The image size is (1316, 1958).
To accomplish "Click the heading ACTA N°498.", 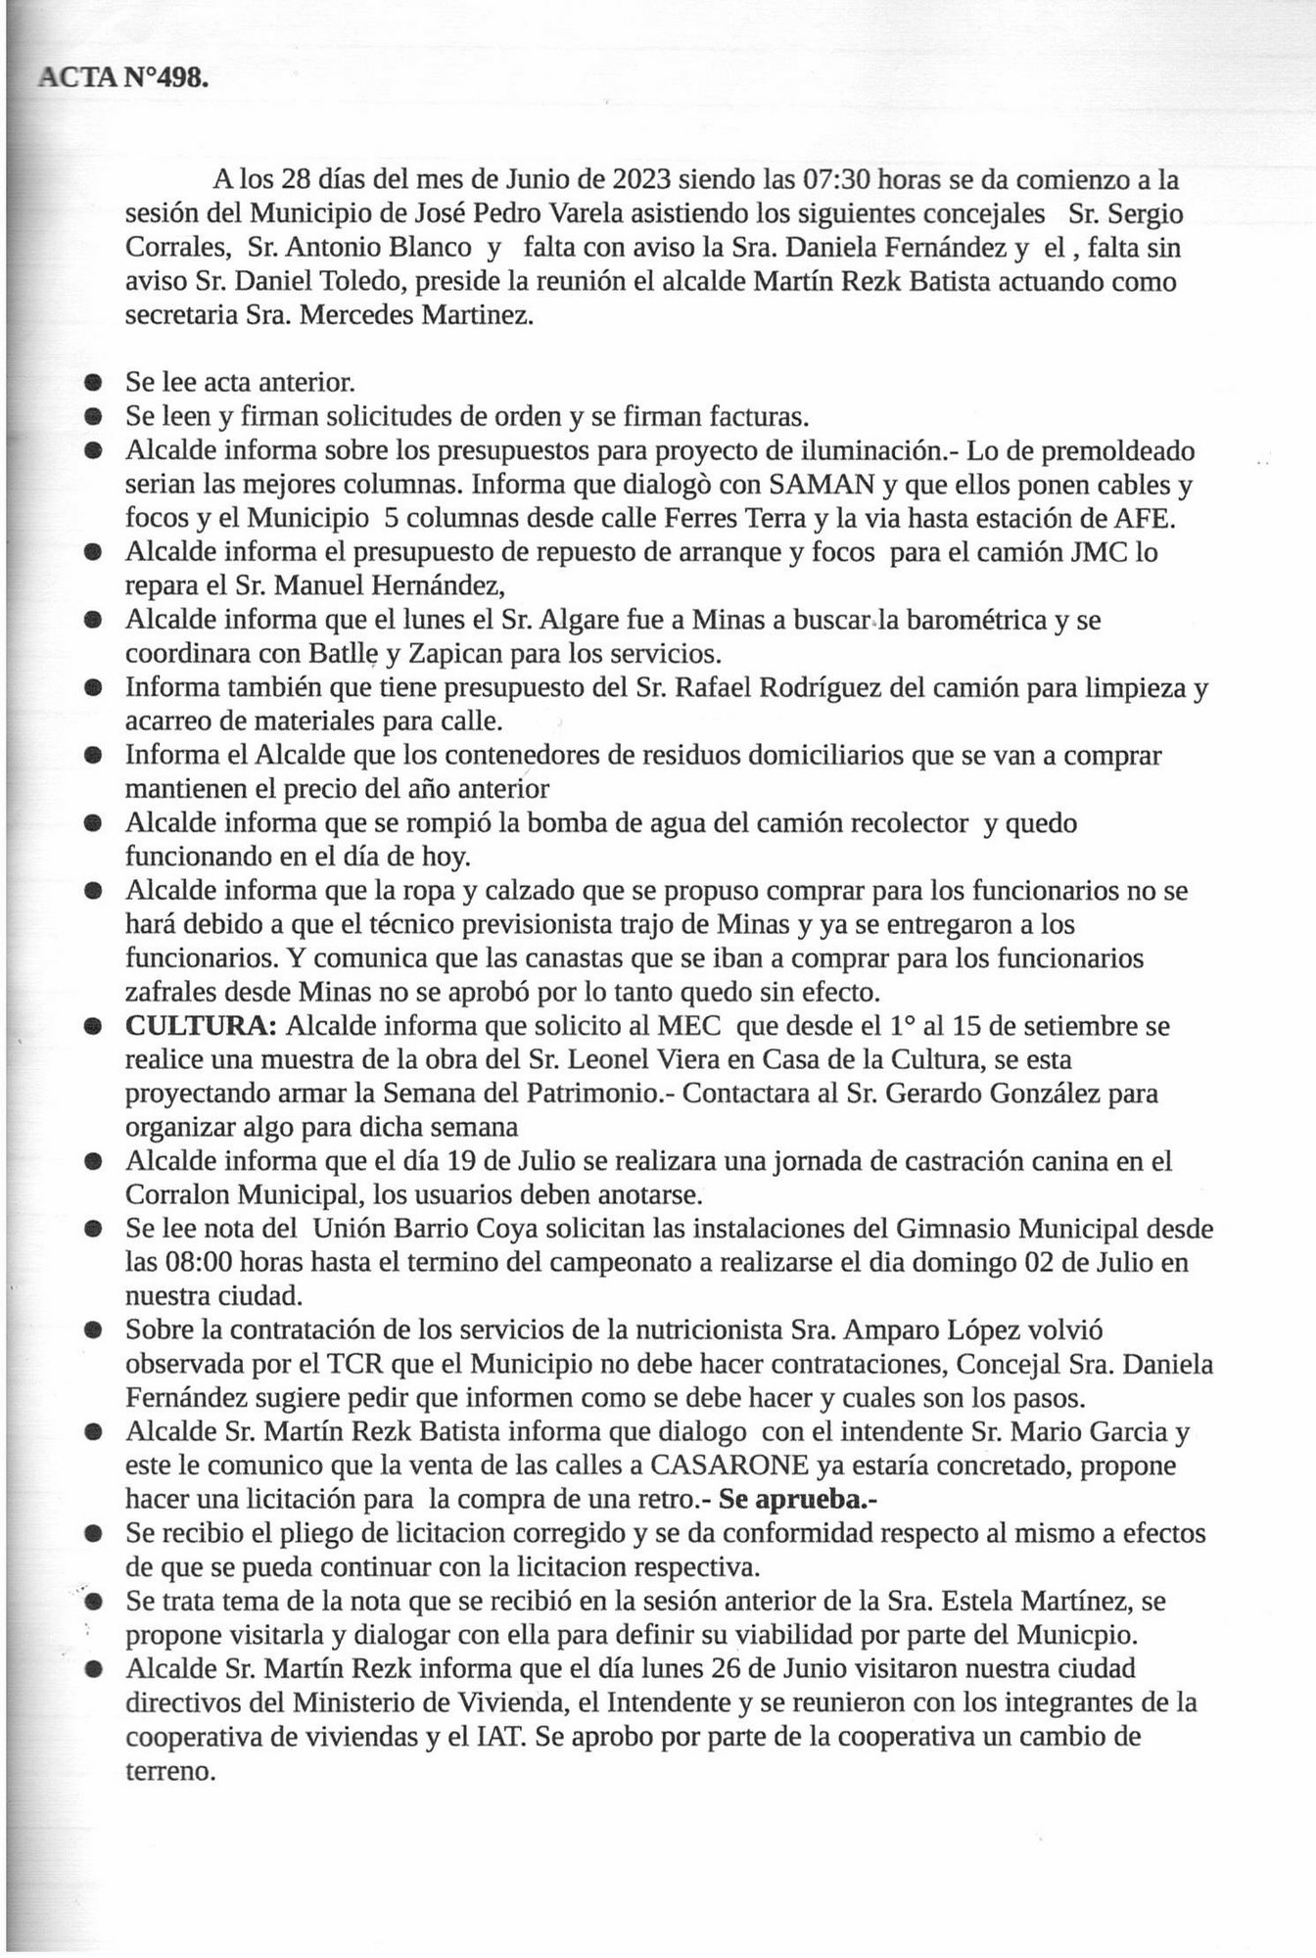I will (121, 79).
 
